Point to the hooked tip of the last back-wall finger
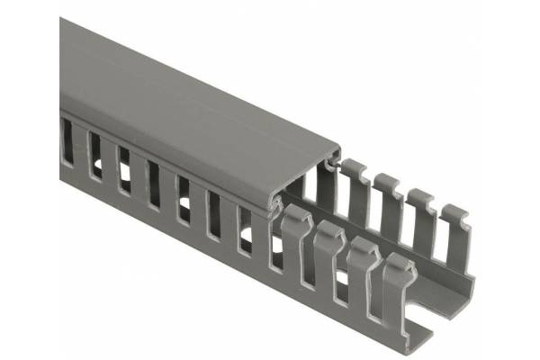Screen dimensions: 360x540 (455, 214)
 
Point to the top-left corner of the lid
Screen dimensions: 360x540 (61, 20)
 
